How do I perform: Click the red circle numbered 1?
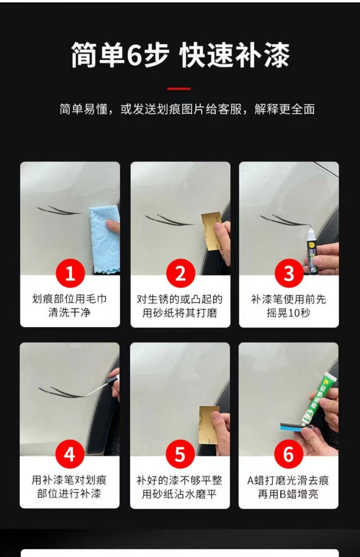pyautogui.click(x=70, y=274)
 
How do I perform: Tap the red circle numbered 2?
pyautogui.click(x=180, y=274)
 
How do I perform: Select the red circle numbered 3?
pyautogui.click(x=288, y=274)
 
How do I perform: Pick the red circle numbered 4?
pyautogui.click(x=70, y=455)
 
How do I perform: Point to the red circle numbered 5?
pyautogui.click(x=180, y=455)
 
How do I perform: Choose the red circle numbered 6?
pyautogui.click(x=288, y=455)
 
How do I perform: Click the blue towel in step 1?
pyautogui.click(x=104, y=240)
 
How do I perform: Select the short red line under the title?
pyautogui.click(x=179, y=88)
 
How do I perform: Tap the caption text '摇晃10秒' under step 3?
pyautogui.click(x=288, y=313)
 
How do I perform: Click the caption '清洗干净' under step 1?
pyautogui.click(x=70, y=313)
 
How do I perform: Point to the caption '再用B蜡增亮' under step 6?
pyautogui.click(x=288, y=494)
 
